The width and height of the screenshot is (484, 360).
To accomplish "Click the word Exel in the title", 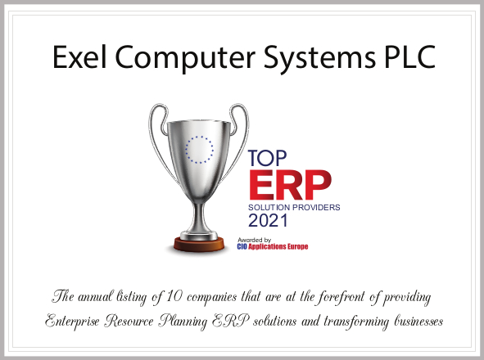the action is [x=79, y=57].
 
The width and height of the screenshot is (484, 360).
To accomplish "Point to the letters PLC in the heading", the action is [x=410, y=57].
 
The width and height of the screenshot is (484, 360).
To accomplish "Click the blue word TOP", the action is [x=267, y=158].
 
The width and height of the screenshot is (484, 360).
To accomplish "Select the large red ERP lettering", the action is [x=290, y=185].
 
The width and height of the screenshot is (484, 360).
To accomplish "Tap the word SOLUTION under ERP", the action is [x=269, y=207].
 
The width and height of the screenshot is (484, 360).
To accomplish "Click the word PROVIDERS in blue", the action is [x=316, y=207].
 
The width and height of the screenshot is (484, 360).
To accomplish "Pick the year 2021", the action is [x=268, y=221].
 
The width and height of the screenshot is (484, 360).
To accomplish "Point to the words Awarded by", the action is [x=255, y=240].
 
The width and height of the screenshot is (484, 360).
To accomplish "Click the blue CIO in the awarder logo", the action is [x=242, y=247].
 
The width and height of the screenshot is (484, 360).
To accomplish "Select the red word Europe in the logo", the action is [x=298, y=247].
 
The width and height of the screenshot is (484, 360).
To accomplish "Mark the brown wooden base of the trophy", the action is [x=199, y=245].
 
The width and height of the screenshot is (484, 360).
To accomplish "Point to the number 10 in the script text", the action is [x=174, y=297].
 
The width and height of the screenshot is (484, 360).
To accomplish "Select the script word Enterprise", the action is [x=72, y=322].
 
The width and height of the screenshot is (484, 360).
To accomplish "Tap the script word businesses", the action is [x=418, y=321].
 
